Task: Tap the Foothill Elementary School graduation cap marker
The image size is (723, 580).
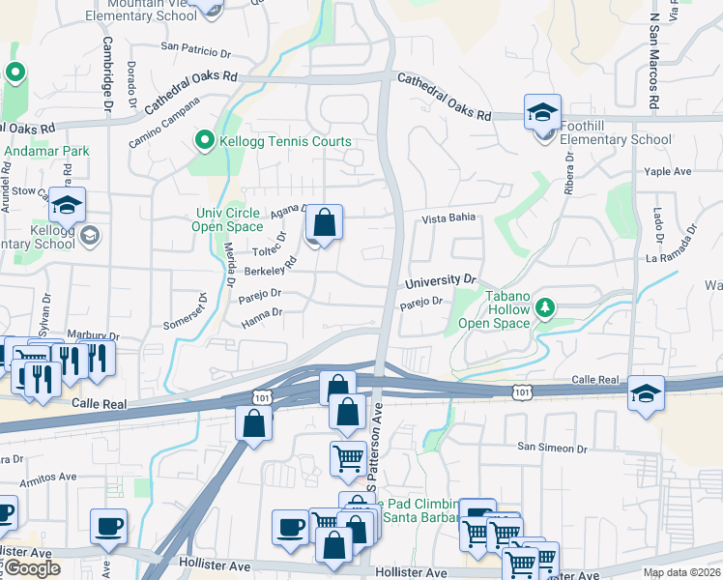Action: tap(543, 113)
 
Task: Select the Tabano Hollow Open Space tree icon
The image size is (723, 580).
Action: tap(546, 307)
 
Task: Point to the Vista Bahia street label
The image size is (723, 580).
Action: tap(448, 218)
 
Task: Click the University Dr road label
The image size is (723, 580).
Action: tap(441, 281)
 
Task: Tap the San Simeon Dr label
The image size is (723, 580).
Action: tap(552, 448)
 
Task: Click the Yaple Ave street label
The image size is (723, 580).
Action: tap(668, 171)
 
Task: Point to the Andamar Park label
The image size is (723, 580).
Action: tap(46, 151)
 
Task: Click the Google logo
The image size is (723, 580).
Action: tap(32, 568)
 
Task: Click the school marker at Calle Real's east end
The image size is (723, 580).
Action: tap(646, 393)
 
